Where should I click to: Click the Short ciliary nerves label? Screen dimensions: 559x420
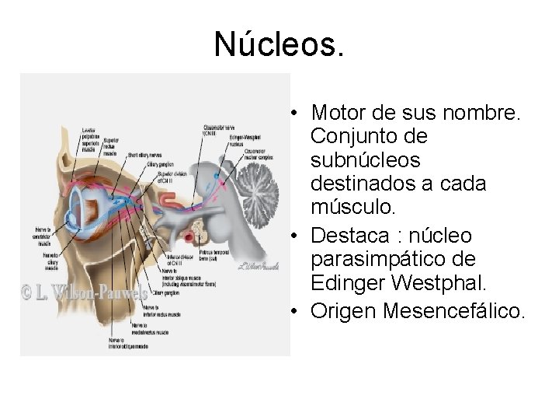[144, 154]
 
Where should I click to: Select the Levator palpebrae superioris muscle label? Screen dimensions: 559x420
[92, 138]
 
